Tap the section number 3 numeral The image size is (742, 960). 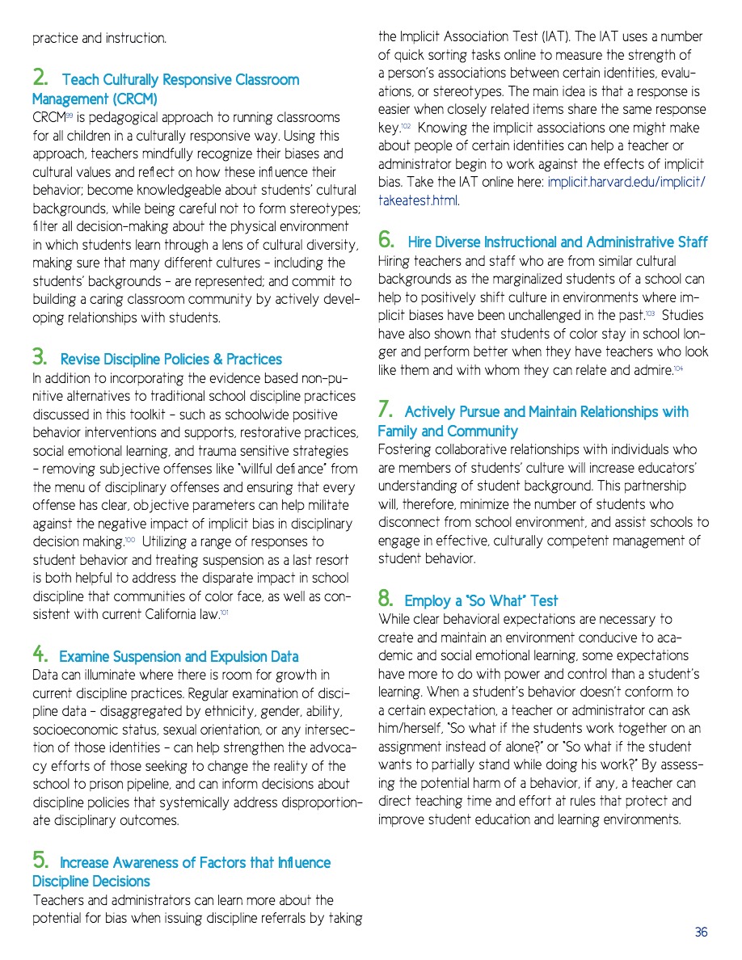(x=39, y=358)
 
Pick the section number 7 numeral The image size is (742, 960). (x=386, y=411)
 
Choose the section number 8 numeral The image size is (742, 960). (x=386, y=600)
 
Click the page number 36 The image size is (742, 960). (x=701, y=932)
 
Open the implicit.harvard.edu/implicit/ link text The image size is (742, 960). (x=626, y=183)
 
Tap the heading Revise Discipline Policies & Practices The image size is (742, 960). (x=171, y=360)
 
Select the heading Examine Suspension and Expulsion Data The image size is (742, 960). (x=179, y=657)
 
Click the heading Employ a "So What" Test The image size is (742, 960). (x=481, y=601)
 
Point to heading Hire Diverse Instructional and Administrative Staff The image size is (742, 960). (x=558, y=242)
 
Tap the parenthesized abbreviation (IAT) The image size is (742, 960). (x=555, y=37)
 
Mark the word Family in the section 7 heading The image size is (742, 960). (x=399, y=432)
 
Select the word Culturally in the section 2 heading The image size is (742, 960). (x=128, y=80)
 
